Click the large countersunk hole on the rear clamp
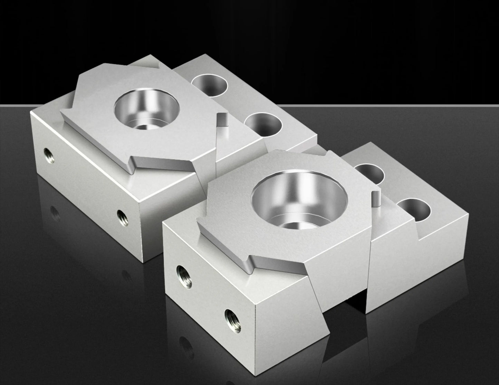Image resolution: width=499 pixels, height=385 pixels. (146, 108)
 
